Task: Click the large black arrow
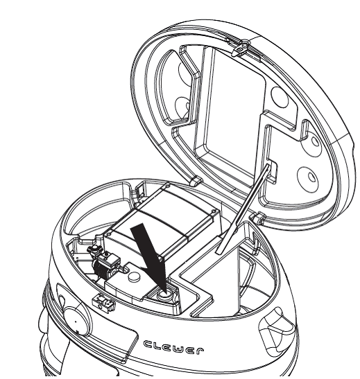point(151,256)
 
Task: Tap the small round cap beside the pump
point(135,276)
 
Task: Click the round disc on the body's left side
point(76,321)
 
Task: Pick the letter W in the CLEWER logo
point(180,349)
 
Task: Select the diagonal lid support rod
point(243,209)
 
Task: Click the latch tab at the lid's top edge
point(241,48)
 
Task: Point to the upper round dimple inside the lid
point(280,98)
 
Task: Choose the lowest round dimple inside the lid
point(308,179)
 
